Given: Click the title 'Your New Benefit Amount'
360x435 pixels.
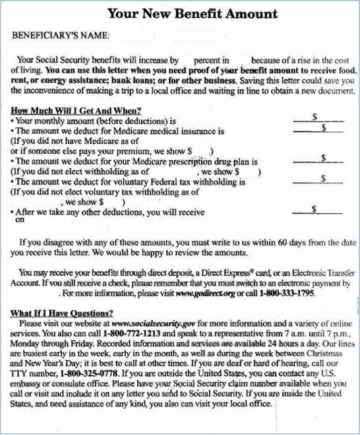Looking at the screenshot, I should tap(192, 13).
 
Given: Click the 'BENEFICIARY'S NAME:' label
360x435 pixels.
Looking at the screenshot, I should tap(61, 36).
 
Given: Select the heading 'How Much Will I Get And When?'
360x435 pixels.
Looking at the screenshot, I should tap(76, 111).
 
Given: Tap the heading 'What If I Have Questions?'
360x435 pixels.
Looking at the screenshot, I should tap(62, 313).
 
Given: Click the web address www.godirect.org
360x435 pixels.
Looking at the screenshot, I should tap(205, 294).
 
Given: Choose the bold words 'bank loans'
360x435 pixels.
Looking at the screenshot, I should tap(121, 80).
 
